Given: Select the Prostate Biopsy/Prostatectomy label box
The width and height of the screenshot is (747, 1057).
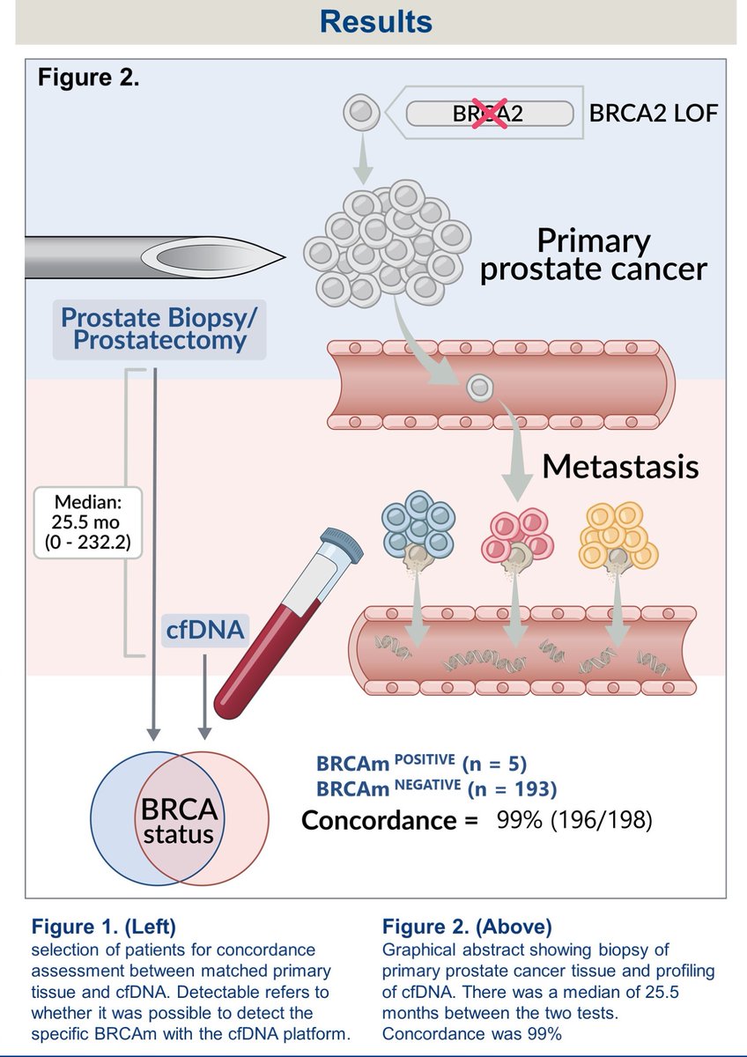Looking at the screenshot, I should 159,328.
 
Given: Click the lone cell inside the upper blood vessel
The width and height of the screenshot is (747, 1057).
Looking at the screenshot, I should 479,388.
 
